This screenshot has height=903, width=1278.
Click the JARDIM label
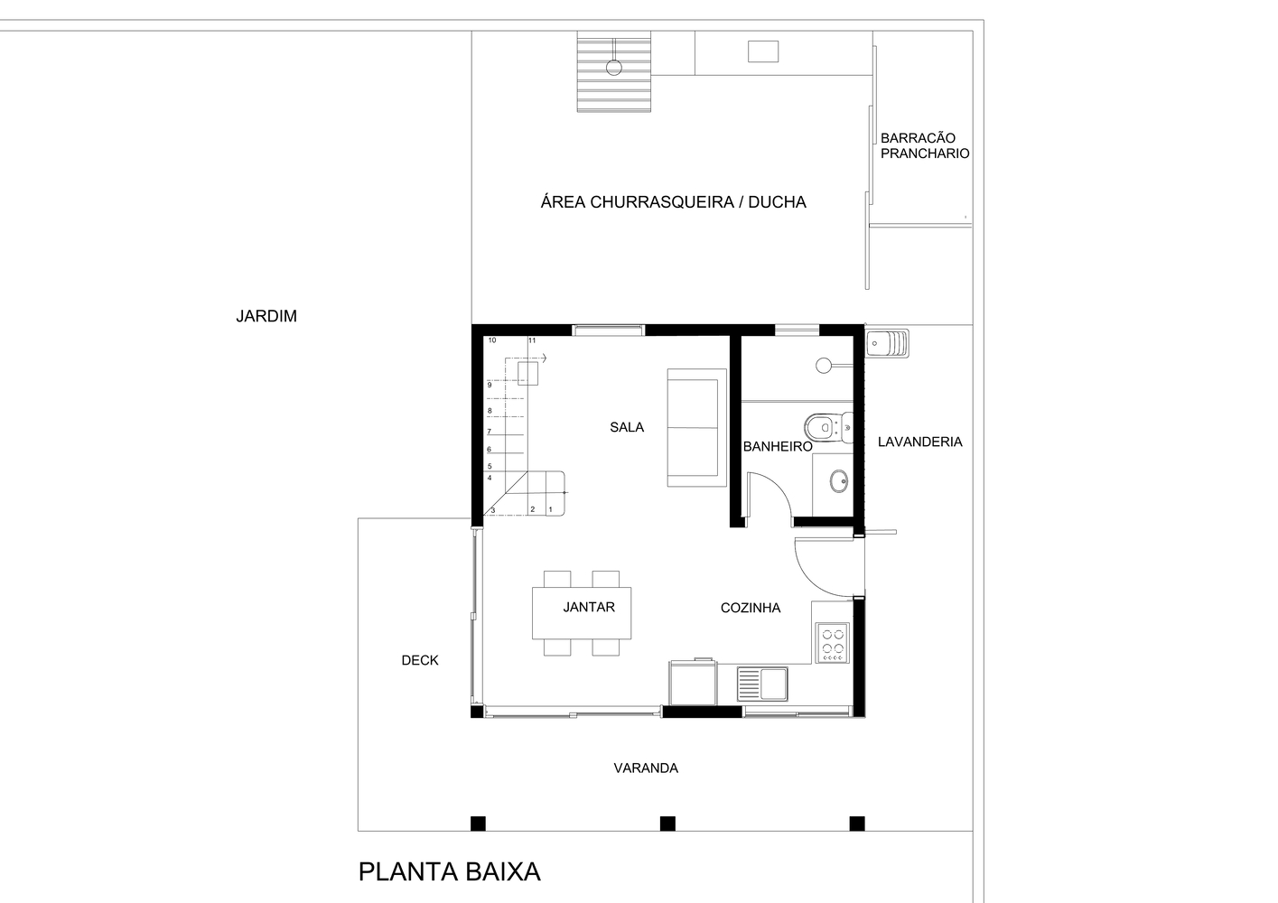tap(266, 316)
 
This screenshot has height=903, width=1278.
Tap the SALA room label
tap(627, 427)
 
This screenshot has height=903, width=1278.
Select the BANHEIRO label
tap(778, 447)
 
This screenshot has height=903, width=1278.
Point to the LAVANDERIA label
tap(919, 442)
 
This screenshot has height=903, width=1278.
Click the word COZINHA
tap(751, 608)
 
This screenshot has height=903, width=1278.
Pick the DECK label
tap(420, 661)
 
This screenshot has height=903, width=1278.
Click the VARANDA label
tap(646, 768)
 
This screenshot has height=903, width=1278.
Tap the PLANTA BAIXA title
tap(449, 871)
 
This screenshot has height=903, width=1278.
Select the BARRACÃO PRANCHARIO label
tap(925, 145)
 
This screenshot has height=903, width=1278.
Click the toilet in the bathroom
tap(828, 427)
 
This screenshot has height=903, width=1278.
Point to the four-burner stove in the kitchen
tap(833, 642)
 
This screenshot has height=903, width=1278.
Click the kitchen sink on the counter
tap(762, 684)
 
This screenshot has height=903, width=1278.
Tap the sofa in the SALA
tap(697, 428)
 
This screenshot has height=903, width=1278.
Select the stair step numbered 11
tap(532, 340)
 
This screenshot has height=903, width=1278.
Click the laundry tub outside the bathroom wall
tap(887, 343)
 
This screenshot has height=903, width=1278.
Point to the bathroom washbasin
tap(839, 481)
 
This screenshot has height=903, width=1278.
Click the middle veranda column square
tap(667, 824)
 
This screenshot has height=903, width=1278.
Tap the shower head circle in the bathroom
tap(824, 366)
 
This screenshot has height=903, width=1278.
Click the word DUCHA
tap(777, 202)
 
